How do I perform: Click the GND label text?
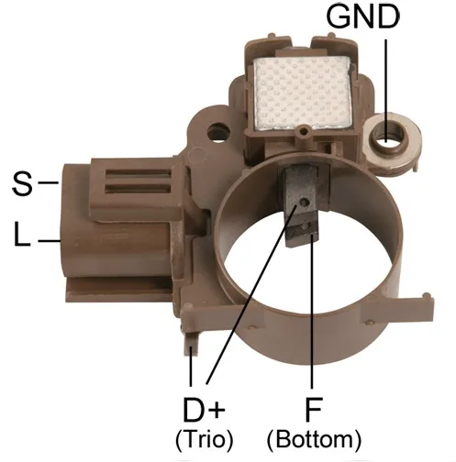tap(362, 16)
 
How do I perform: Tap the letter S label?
tap(22, 183)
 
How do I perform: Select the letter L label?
tap(22, 234)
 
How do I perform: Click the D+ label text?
tap(204, 410)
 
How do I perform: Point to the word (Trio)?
tap(205, 440)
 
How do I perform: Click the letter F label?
tap(313, 410)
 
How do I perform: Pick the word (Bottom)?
tap(314, 440)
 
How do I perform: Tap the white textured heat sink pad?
tap(302, 93)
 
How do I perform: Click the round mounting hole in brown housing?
tap(218, 132)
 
